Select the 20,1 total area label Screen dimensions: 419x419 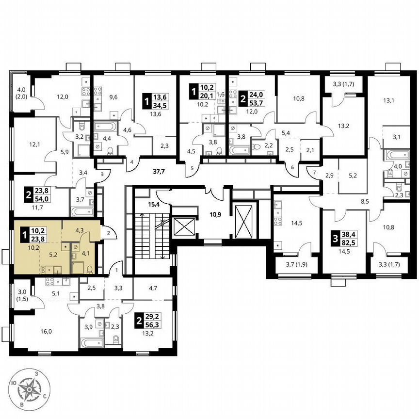207,96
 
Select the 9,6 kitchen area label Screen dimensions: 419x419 113,97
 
